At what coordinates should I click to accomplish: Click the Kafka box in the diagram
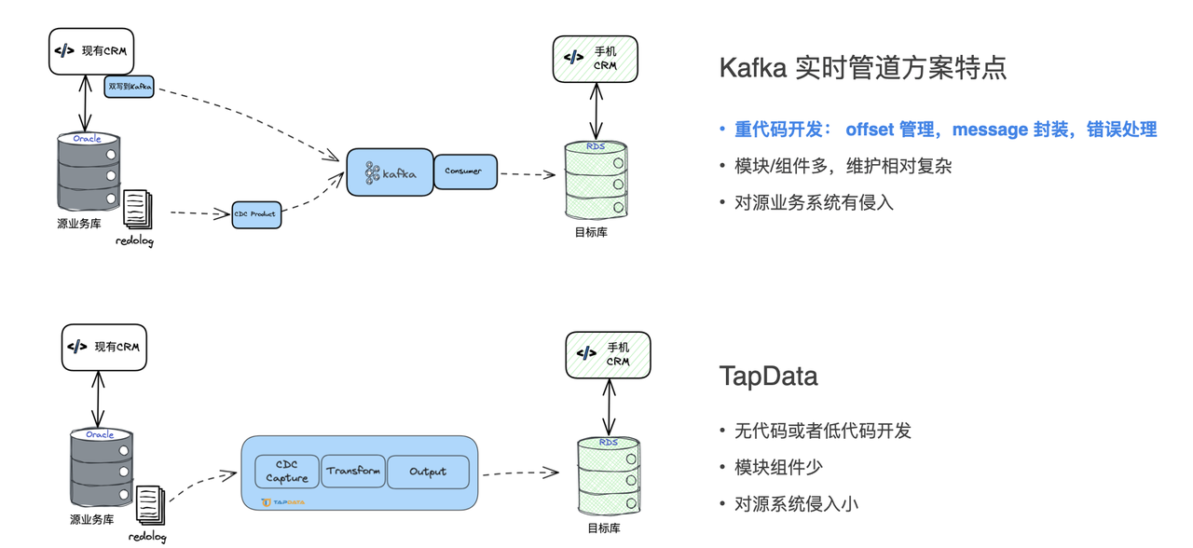(x=390, y=172)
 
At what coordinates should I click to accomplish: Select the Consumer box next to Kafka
(x=465, y=171)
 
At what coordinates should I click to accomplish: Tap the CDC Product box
(x=256, y=214)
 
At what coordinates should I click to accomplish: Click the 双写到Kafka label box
(x=130, y=87)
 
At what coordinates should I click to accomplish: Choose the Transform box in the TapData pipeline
(x=353, y=471)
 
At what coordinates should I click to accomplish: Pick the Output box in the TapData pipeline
(x=428, y=472)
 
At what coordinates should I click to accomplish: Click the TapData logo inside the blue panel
(x=283, y=502)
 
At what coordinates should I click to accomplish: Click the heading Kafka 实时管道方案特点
(x=862, y=68)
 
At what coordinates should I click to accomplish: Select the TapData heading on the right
(x=768, y=377)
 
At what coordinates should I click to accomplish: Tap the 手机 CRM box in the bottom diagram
(x=608, y=354)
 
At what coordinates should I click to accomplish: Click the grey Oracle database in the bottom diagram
(x=101, y=468)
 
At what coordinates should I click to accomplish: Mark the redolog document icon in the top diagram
(x=137, y=209)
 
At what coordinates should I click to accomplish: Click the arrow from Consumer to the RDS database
(x=528, y=174)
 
